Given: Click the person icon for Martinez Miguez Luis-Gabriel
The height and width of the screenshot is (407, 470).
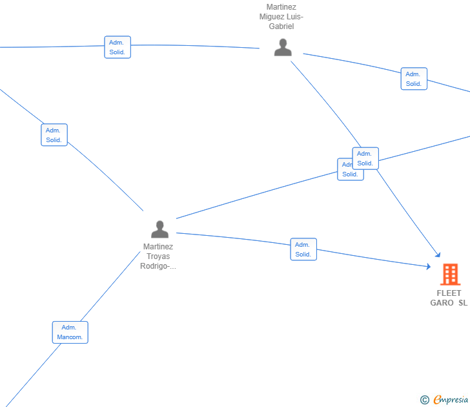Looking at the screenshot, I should coord(283,48).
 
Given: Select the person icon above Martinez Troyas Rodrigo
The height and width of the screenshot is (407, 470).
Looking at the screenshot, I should coord(159,229).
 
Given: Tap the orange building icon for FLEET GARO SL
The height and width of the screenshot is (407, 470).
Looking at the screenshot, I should coord(450,275).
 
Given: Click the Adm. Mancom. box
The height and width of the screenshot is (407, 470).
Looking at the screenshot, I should coord(70,332).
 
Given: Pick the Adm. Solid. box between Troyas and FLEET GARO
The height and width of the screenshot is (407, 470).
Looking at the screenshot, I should coord(303,249).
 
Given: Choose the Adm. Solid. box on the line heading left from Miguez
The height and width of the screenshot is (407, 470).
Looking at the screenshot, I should coord(117,47).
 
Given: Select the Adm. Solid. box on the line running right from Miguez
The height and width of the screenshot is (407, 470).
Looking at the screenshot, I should coord(414,79).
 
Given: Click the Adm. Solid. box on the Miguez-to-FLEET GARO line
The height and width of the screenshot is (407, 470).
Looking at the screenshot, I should coord(365,158).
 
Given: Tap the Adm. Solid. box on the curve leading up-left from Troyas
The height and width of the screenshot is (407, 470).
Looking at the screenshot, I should coord(54,135).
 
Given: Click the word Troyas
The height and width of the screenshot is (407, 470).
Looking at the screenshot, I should coord(158,256).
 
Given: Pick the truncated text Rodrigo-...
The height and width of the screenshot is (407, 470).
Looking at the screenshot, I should coord(158,266).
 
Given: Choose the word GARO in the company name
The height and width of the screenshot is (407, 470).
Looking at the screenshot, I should coord(442,303).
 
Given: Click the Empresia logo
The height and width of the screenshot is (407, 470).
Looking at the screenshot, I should coord(451,400).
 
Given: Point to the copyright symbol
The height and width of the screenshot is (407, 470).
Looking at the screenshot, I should coord(425,401).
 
